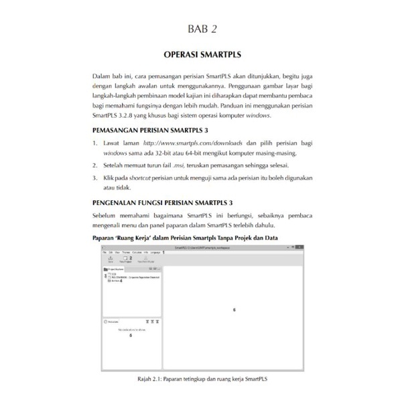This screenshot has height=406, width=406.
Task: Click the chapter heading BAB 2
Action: coord(202,27)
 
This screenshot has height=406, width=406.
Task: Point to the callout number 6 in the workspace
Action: coord(234,309)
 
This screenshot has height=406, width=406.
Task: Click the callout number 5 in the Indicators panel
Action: coord(130,335)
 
